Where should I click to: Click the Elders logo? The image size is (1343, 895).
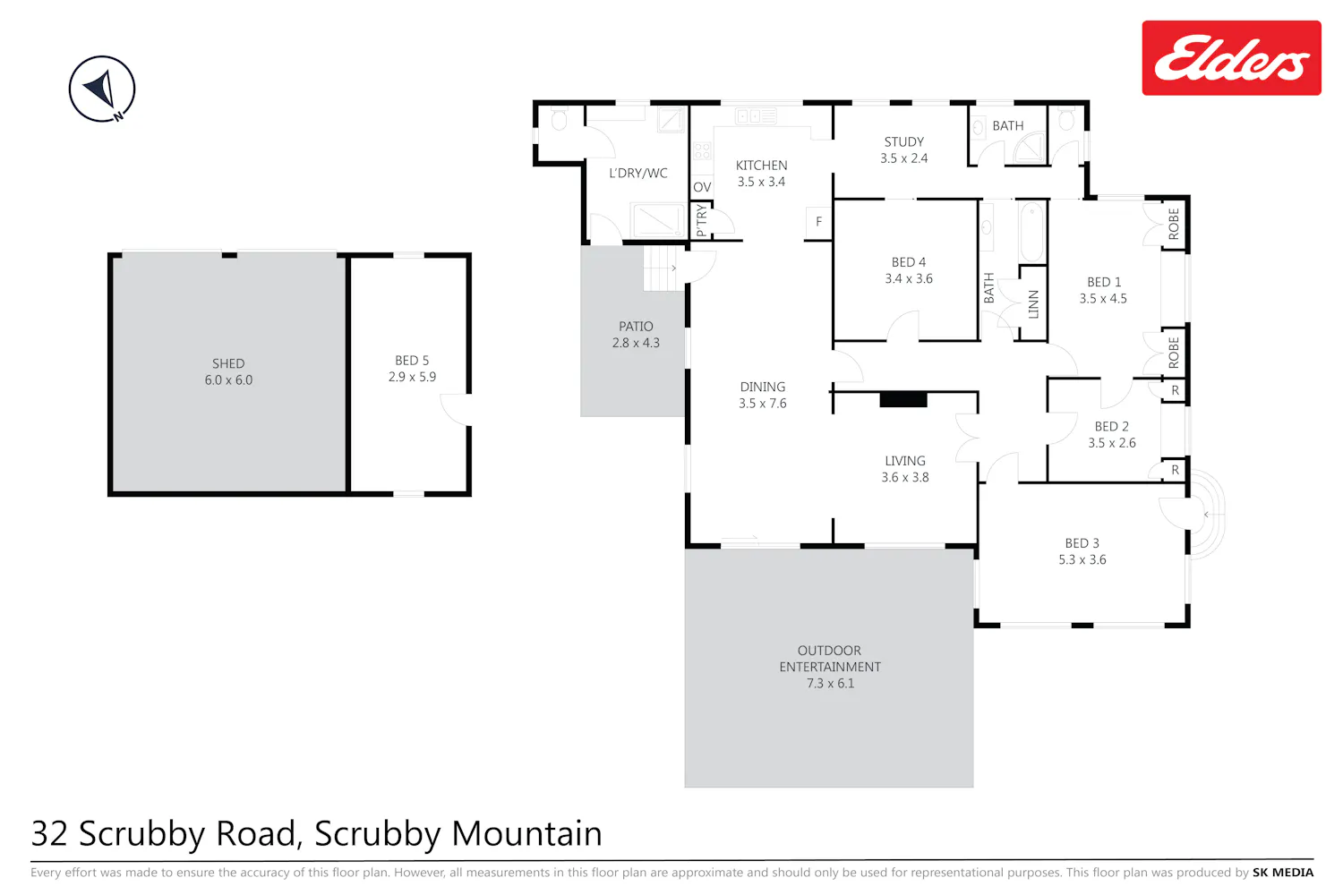point(1231,58)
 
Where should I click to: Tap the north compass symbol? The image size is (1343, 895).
point(102,89)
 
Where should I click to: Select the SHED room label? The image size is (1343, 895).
point(228,363)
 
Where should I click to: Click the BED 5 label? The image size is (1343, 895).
point(412,361)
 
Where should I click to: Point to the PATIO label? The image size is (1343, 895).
point(636,326)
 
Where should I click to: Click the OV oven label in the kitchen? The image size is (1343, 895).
point(702,187)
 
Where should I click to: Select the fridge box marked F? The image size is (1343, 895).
point(818,222)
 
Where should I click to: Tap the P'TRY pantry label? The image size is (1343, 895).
point(701,220)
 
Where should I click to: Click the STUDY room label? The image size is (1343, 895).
point(904,142)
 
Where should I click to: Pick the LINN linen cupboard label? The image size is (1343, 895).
point(1033,304)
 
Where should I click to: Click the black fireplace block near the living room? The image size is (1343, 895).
point(903,400)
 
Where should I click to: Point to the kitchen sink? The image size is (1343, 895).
point(756,115)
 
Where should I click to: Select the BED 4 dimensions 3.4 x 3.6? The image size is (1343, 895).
point(909,278)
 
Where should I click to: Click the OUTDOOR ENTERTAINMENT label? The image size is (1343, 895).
point(830,658)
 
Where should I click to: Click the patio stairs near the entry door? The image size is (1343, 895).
point(663,268)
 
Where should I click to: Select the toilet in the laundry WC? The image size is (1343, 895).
point(559,119)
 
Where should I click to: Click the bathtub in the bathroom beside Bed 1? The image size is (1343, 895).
point(1031,232)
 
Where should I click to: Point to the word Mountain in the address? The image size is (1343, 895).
point(526,833)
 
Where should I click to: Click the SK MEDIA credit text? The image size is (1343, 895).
point(1282,873)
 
